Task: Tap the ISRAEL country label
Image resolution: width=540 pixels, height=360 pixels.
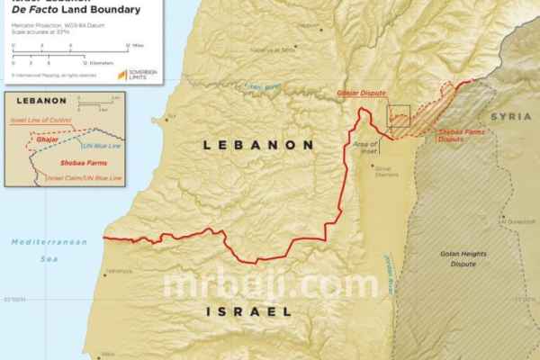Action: click(x=248, y=311)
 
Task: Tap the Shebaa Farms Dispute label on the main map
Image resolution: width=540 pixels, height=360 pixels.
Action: click(x=458, y=138)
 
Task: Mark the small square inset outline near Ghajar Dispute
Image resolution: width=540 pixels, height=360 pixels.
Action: click(x=398, y=116)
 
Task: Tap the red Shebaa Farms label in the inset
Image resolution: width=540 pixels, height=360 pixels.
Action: click(x=55, y=162)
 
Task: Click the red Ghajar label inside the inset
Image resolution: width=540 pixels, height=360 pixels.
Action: click(x=48, y=139)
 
